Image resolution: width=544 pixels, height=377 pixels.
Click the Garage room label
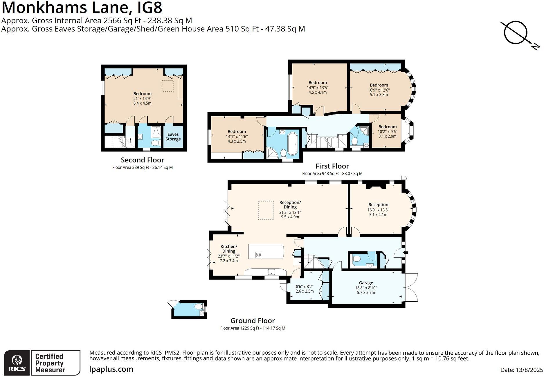366,283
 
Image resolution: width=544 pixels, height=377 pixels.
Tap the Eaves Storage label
173,137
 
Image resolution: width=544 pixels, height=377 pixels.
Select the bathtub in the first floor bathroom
292,144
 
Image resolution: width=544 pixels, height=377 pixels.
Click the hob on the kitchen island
259,255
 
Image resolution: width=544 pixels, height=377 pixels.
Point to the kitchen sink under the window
271,272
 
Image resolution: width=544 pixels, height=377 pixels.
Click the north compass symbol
516,32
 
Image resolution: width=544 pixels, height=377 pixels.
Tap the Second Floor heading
142,160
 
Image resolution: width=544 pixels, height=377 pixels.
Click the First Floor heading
332,166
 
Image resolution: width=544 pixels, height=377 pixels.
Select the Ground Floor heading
253,321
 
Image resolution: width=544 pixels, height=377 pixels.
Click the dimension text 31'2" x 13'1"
290,212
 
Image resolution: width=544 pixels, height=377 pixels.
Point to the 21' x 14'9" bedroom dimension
142,99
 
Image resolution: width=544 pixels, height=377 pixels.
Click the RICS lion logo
17,360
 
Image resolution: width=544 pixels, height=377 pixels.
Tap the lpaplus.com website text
111,369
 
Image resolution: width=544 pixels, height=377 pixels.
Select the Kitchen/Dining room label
229,249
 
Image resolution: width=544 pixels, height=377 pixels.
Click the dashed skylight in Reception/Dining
266,211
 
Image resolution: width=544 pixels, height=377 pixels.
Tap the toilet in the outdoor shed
199,306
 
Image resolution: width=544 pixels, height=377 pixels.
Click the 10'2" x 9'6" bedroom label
387,131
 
